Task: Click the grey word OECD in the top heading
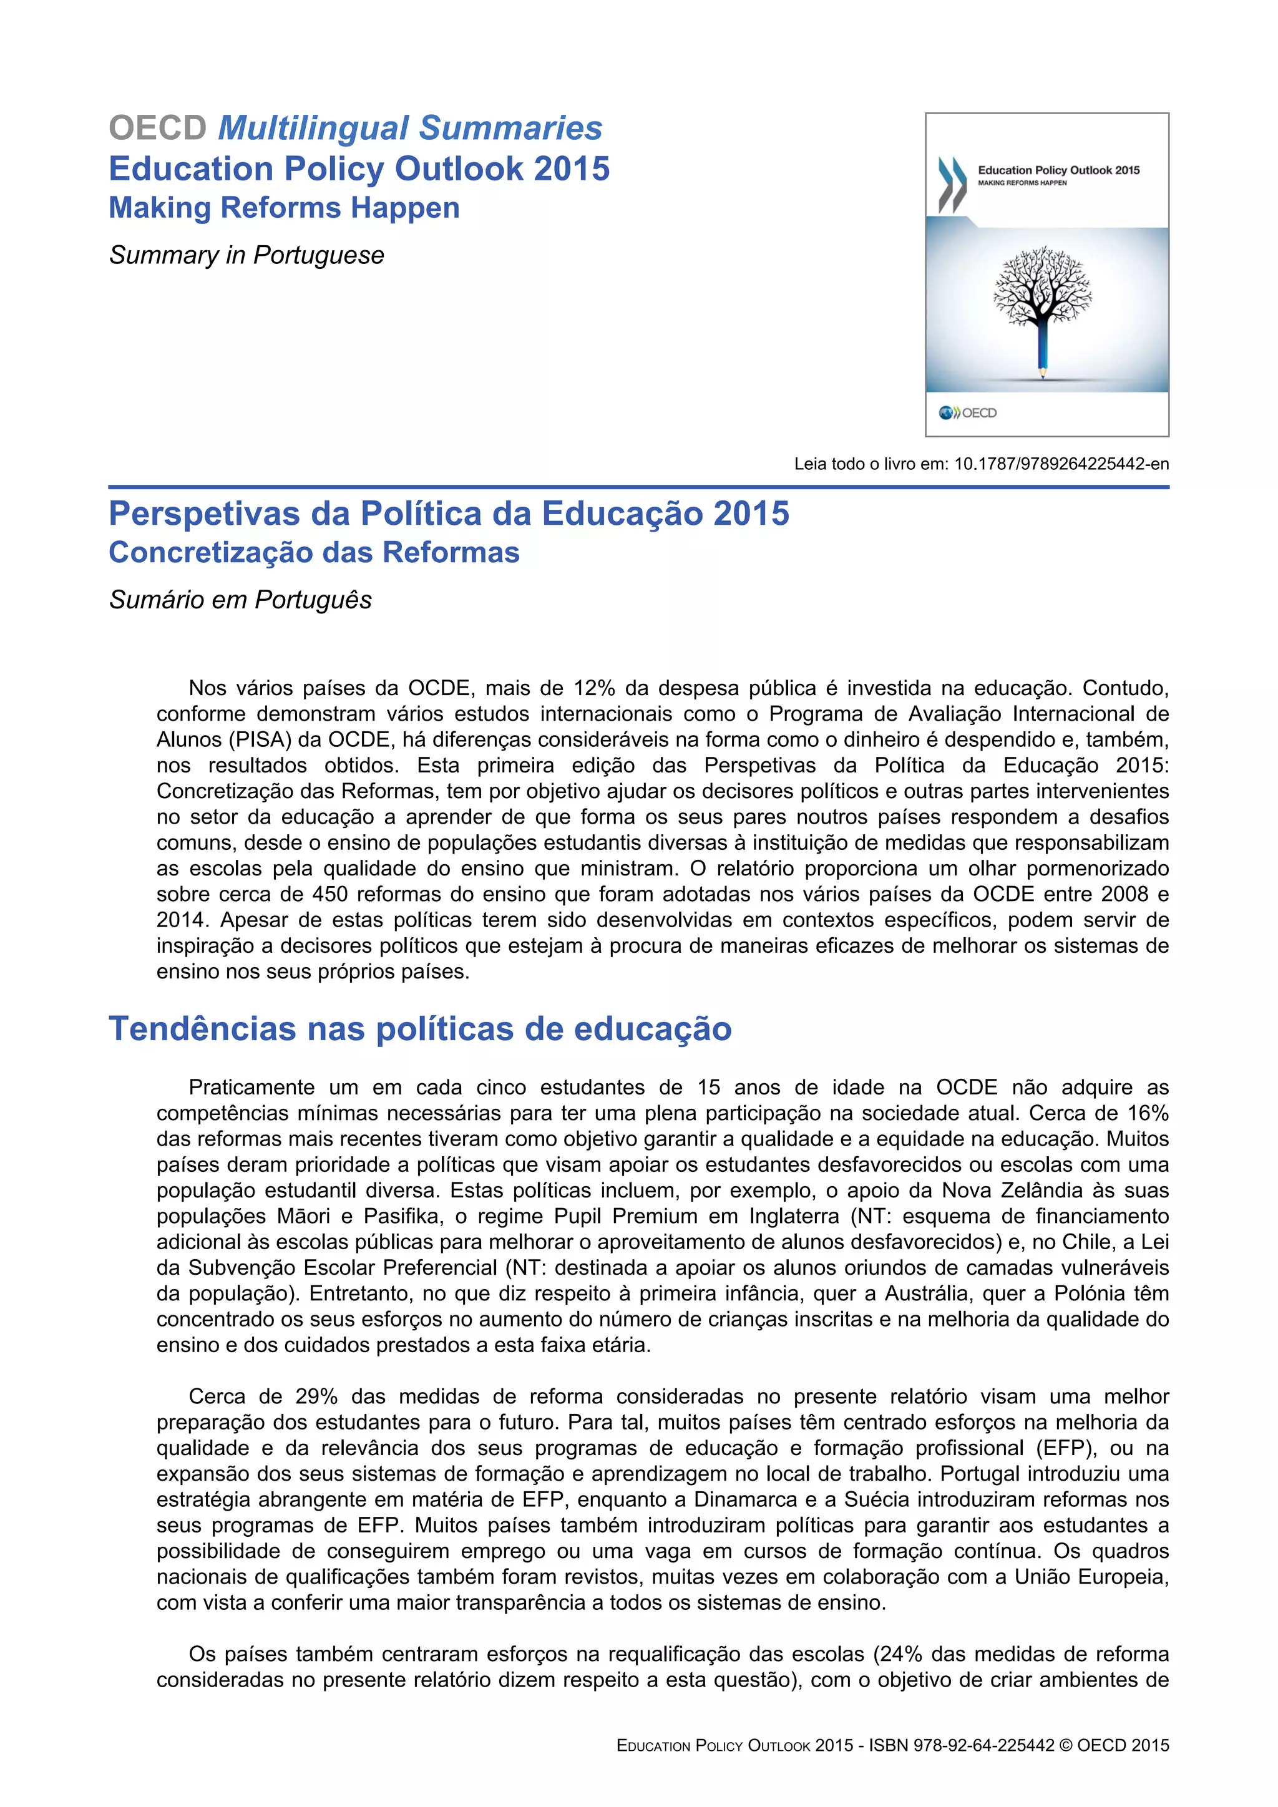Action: point(157,129)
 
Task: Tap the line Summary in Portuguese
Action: point(246,255)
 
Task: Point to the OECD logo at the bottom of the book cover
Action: point(968,412)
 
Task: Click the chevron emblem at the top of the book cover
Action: point(952,184)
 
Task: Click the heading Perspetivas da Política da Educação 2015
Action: point(449,514)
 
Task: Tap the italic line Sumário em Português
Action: point(240,600)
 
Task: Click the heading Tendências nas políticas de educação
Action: point(420,1029)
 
